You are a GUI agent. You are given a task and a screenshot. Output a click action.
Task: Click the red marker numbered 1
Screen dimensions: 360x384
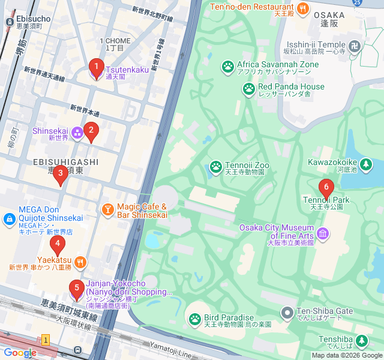pyautogui.click(x=95, y=68)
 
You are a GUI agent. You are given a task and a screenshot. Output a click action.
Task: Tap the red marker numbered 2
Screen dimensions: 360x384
pyautogui.click(x=91, y=131)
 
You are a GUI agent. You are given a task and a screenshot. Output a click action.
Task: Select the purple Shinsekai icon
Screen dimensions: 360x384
pyautogui.click(x=77, y=132)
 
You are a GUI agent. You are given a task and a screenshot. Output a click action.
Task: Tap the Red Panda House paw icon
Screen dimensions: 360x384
pyautogui.click(x=249, y=89)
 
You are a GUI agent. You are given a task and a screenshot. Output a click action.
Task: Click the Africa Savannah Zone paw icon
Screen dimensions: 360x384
pyautogui.click(x=228, y=65)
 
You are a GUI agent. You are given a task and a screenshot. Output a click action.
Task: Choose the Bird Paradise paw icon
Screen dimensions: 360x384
pyautogui.click(x=195, y=319)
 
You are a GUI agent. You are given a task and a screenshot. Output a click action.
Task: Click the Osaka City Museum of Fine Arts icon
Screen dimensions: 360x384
pyautogui.click(x=323, y=233)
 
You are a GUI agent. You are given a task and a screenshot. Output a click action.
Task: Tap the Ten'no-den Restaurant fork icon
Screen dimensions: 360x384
pyautogui.click(x=304, y=8)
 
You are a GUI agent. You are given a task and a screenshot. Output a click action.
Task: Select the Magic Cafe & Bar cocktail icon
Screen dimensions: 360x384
pyautogui.click(x=107, y=209)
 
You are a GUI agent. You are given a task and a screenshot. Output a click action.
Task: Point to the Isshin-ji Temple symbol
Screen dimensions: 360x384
pyautogui.click(x=355, y=45)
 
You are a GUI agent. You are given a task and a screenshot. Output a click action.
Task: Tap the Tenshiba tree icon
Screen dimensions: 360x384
pyautogui.click(x=362, y=341)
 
